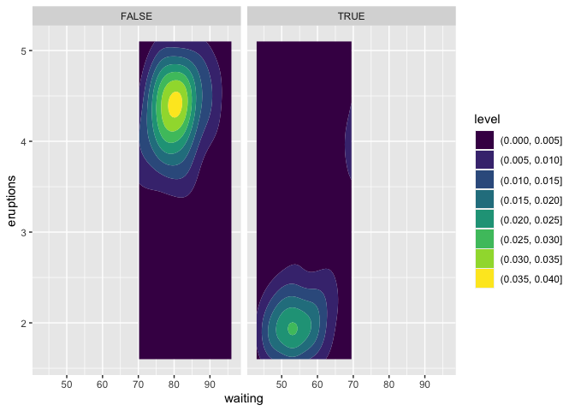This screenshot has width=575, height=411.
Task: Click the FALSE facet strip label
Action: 138,16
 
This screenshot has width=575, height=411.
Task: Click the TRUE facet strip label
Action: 351,16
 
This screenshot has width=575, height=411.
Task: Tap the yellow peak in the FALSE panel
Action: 175,104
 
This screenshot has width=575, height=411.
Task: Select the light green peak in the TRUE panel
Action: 293,328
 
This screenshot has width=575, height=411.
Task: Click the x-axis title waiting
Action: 243,398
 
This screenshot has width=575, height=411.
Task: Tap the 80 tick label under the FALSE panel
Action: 175,382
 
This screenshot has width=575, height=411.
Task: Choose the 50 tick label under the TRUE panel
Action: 281,382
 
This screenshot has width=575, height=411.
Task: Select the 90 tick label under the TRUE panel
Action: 424,382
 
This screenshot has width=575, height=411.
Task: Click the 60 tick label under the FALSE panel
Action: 103,382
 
